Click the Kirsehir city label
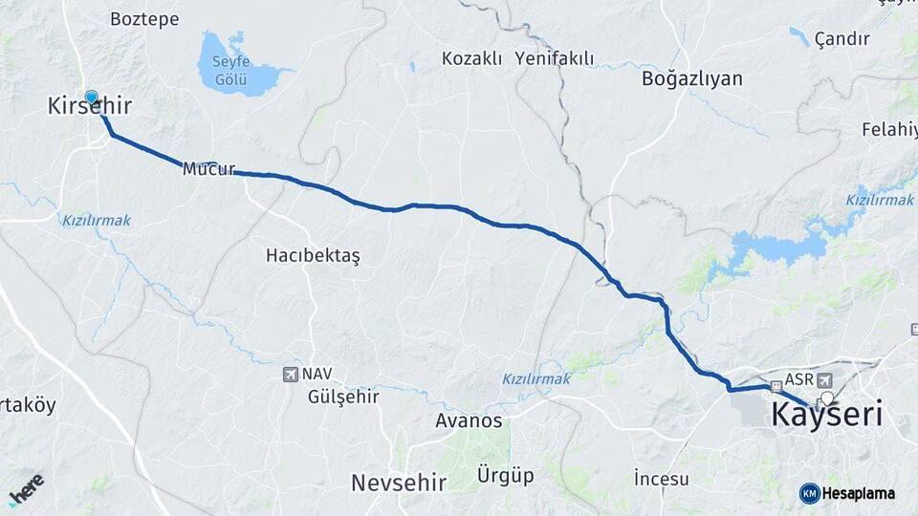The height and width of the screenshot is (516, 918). (x=89, y=106)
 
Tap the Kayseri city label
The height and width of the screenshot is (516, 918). (x=826, y=416)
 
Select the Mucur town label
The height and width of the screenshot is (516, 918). (x=208, y=169)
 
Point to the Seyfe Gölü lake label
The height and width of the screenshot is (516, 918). (x=229, y=69)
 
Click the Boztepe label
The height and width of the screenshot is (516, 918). (x=144, y=19)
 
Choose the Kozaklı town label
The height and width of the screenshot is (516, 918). (x=471, y=59)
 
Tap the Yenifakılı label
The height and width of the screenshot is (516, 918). (x=554, y=59)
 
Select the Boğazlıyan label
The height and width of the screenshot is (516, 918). (x=693, y=78)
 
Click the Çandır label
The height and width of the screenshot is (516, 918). (x=842, y=39)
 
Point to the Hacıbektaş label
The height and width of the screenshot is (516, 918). (x=314, y=256)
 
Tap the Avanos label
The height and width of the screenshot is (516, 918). (x=469, y=420)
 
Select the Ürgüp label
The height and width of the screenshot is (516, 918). (x=507, y=475)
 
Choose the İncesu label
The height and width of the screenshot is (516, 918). (x=661, y=477)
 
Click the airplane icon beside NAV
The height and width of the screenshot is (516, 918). (x=291, y=375)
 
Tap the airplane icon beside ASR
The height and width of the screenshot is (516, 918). (x=825, y=380)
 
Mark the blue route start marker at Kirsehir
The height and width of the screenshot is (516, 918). (x=92, y=97)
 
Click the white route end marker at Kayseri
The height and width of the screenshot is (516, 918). (x=827, y=398)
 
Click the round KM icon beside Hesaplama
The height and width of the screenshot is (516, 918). (x=809, y=493)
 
